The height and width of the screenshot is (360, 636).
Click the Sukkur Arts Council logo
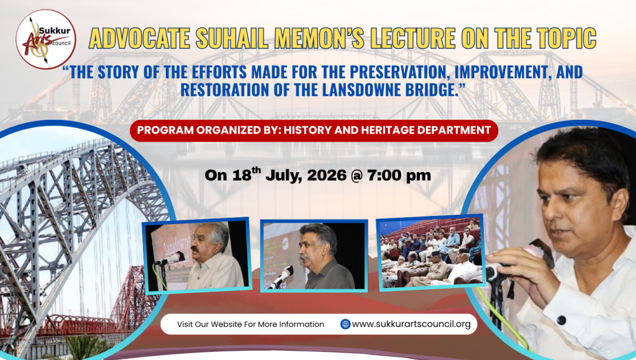(x=46, y=39)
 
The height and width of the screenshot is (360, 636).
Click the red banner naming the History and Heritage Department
(x=314, y=130)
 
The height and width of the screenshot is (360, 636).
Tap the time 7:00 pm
(x=399, y=176)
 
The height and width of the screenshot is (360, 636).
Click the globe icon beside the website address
(x=345, y=324)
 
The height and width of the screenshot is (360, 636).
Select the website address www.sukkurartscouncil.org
(x=411, y=324)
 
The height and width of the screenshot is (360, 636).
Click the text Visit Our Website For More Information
(x=250, y=325)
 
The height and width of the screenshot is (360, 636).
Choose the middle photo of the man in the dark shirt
(x=314, y=256)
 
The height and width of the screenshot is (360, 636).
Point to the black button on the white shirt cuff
(x=561, y=320)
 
